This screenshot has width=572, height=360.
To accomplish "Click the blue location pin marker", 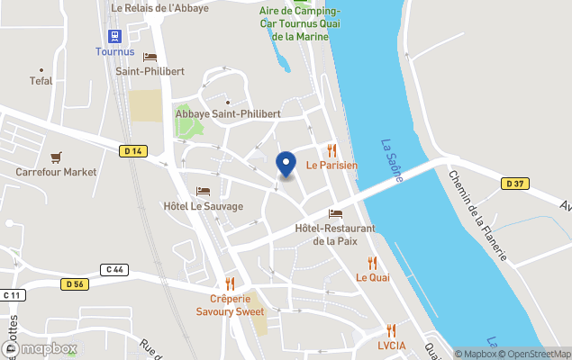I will click(x=286, y=164).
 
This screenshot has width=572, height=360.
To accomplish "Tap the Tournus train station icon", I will click(x=114, y=36).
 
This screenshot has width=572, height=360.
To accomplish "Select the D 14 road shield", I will click(x=132, y=151).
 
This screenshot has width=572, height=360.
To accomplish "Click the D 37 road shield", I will click(x=514, y=184).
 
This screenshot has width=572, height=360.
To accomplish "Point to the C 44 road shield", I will click(x=113, y=268).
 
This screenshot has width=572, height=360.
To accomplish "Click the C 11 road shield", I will click(x=12, y=295).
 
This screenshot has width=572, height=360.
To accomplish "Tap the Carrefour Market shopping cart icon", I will click(x=56, y=157).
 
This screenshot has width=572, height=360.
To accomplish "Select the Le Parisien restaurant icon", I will click(x=331, y=150).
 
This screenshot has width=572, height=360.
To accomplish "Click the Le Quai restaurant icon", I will click(x=372, y=263).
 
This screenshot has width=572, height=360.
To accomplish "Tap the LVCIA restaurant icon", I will click(x=391, y=330).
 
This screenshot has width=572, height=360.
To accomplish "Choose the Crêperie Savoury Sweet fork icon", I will click(x=230, y=283).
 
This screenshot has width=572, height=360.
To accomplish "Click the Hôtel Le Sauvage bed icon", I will click(x=203, y=192).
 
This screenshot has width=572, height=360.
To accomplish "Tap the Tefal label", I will click(x=41, y=80).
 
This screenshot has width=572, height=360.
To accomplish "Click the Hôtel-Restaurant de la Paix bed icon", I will click(x=335, y=213).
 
